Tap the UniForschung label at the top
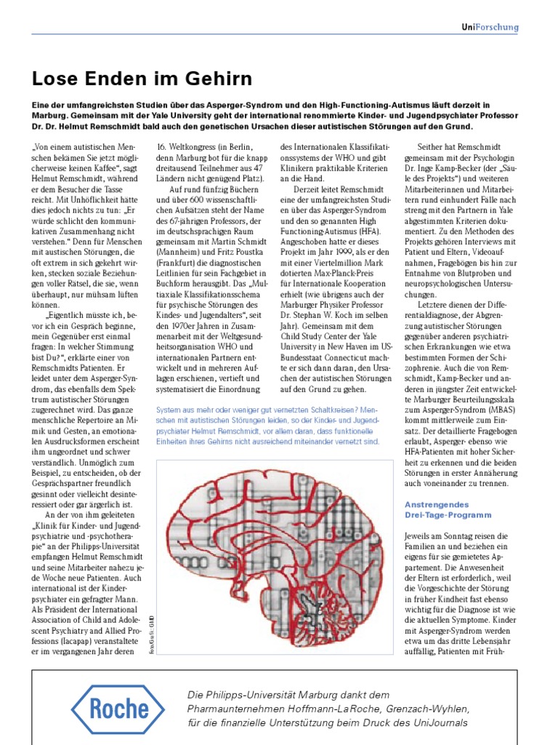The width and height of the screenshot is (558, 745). point(490,28)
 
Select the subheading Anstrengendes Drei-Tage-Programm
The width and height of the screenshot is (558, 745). point(437,509)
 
